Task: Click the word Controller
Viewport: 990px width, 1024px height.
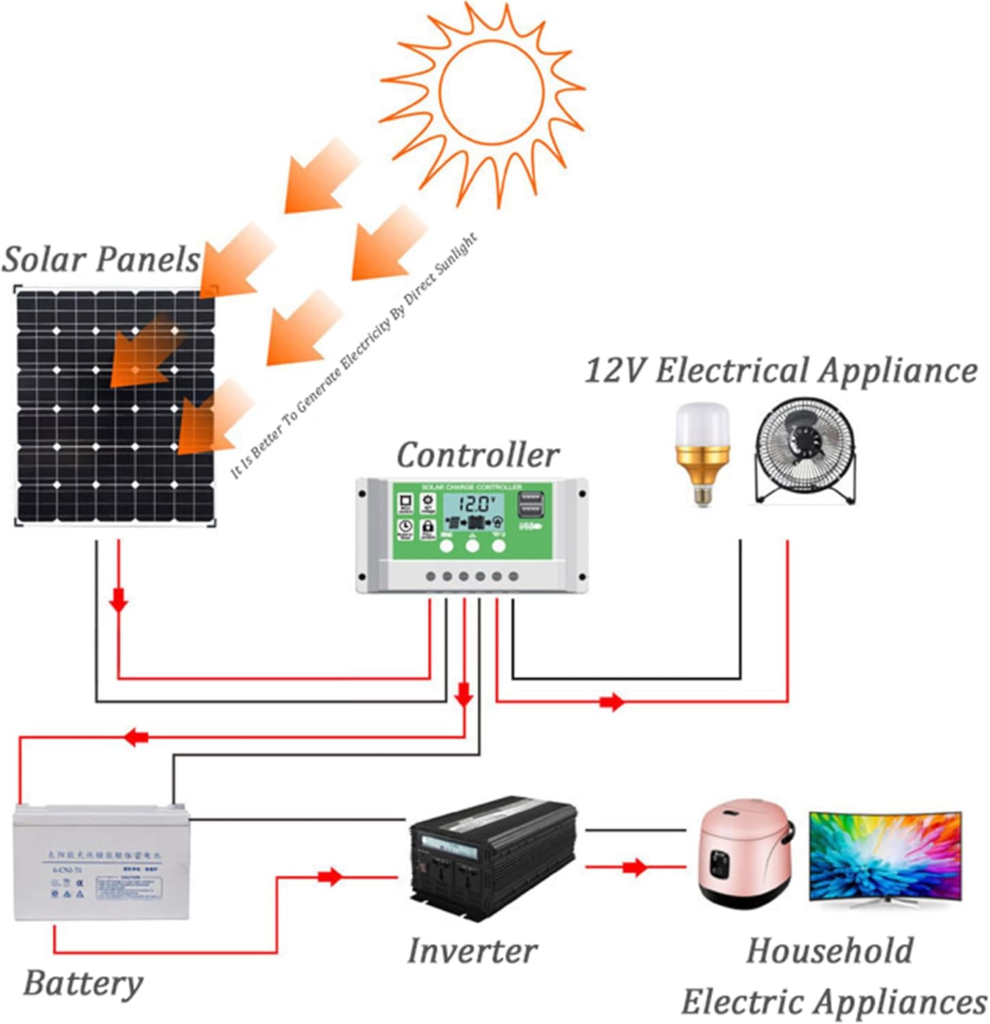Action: [477, 455]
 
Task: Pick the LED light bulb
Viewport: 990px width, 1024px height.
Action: [702, 453]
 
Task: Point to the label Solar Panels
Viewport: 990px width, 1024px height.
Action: [101, 259]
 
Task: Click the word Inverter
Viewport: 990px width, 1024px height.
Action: [472, 951]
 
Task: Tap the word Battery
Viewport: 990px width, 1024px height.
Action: [83, 984]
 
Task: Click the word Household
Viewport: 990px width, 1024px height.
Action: [830, 951]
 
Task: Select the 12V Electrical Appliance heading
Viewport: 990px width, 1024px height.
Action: [781, 371]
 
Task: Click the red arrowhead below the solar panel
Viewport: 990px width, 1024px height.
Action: [119, 601]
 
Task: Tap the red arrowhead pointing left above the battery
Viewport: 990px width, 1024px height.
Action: [137, 737]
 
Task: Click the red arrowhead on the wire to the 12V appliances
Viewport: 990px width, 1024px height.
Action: [612, 702]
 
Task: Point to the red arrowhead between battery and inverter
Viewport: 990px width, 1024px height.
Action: [330, 877]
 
